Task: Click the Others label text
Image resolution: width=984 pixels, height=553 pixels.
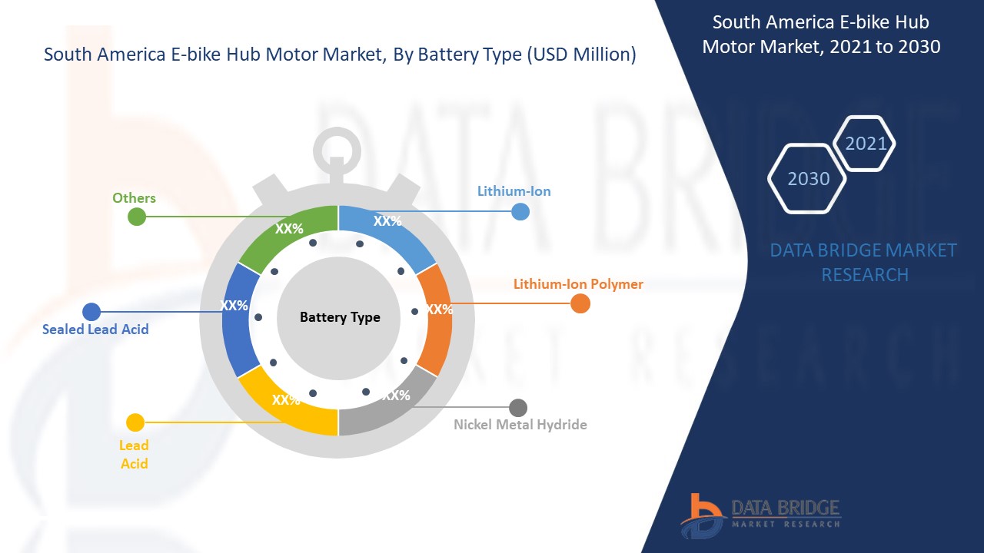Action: [x=134, y=198]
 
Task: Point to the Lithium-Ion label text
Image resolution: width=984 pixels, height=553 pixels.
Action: [x=514, y=191]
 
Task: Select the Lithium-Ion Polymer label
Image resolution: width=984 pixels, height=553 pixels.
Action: [x=578, y=284]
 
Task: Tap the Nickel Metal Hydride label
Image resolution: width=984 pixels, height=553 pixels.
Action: [x=520, y=425]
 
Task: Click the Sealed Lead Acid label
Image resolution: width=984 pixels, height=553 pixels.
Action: [x=95, y=329]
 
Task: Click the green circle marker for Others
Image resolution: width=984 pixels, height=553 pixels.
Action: [x=137, y=217]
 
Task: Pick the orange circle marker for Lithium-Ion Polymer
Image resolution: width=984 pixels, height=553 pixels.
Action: [x=580, y=303]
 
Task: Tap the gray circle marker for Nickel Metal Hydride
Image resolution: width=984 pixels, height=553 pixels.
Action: [x=518, y=408]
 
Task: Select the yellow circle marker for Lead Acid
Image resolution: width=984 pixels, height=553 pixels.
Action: [x=135, y=422]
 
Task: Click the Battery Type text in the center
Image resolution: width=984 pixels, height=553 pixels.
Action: [x=340, y=317]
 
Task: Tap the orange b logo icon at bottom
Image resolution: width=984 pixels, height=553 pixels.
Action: [x=702, y=516]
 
